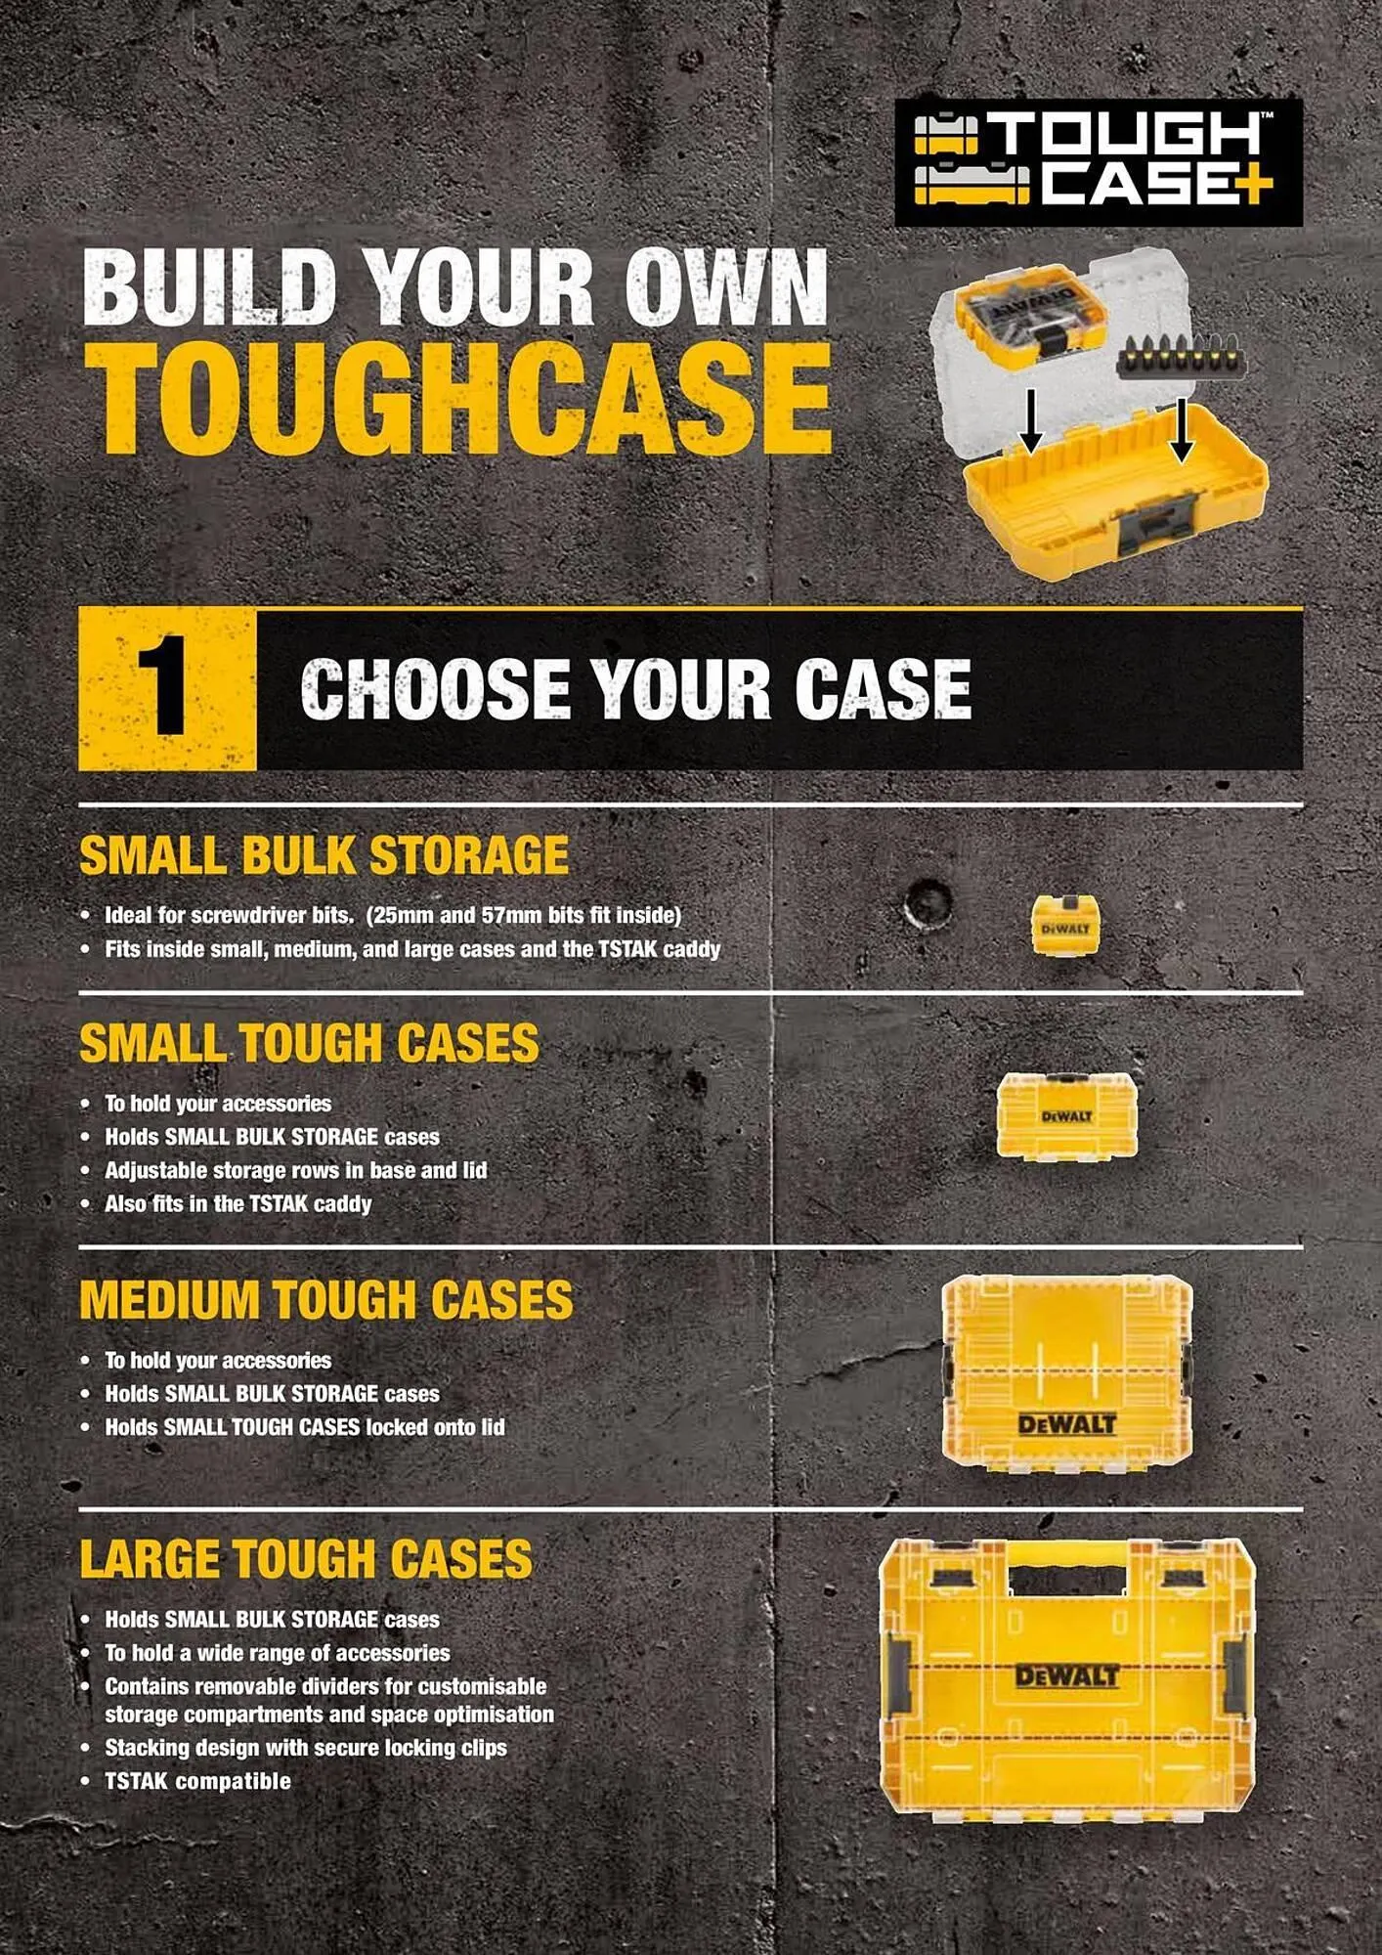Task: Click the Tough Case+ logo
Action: coord(1099,162)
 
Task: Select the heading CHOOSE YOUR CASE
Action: coord(635,688)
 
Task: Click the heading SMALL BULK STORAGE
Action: coord(324,855)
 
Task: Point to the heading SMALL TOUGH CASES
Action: coord(309,1043)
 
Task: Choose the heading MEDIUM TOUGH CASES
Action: coord(326,1300)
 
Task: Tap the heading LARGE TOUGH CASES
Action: coord(306,1558)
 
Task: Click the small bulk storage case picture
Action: coord(1065,925)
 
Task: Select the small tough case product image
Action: coord(1066,1115)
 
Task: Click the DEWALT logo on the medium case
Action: coord(1066,1424)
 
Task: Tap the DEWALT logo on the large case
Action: coord(1066,1677)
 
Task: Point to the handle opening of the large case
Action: coord(1066,1580)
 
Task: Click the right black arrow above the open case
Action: coord(1182,429)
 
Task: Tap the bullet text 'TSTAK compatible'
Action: coord(197,1781)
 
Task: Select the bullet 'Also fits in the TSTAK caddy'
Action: coord(238,1203)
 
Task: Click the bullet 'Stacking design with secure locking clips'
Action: coord(306,1748)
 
